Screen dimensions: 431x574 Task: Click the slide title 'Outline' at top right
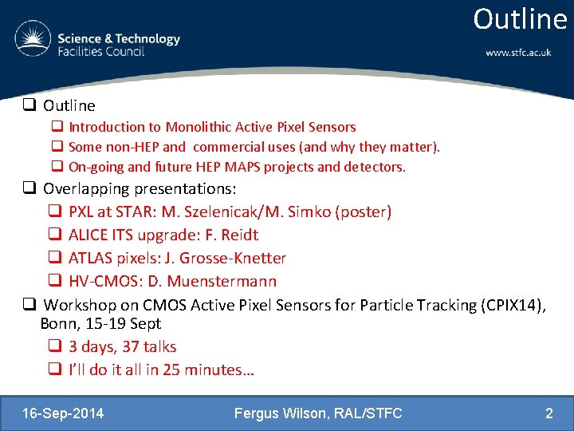click(520, 19)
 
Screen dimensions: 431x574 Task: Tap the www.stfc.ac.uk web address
click(518, 53)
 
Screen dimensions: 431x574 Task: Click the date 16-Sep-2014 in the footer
click(63, 413)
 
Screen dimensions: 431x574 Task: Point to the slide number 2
click(548, 413)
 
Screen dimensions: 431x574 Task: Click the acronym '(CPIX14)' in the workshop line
click(510, 305)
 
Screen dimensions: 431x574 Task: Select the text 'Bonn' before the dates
click(57, 324)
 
